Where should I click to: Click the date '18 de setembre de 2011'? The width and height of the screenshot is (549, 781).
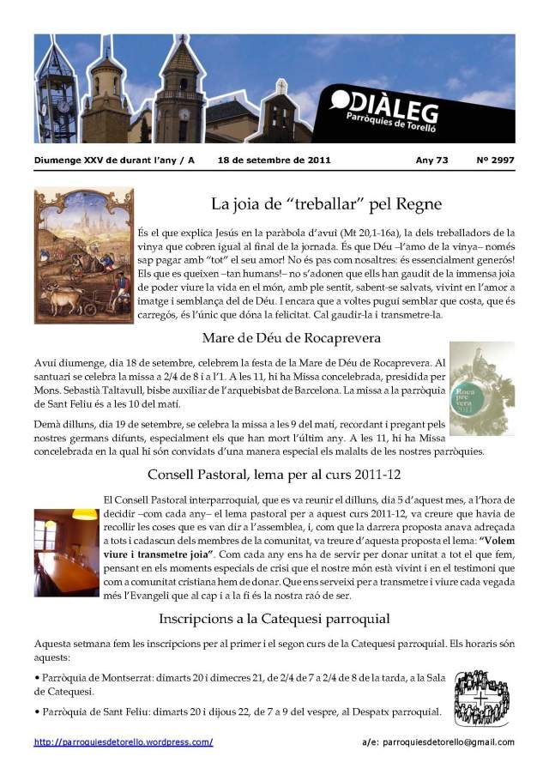pos(274,160)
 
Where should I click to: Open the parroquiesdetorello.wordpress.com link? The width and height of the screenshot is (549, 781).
pos(124,742)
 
